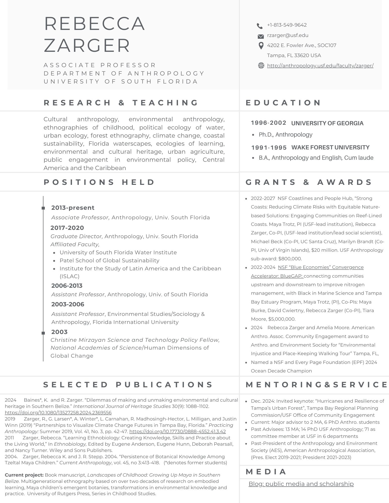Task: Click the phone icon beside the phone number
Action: [260, 25]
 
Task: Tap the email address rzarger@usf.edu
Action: [288, 35]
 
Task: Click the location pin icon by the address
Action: [261, 46]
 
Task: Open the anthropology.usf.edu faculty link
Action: [320, 66]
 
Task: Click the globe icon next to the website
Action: [261, 66]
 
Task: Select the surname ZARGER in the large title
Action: [87, 46]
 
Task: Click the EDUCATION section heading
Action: [283, 103]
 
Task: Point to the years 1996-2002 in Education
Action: [268, 123]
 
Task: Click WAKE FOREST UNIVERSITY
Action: [330, 147]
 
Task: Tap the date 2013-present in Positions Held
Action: [73, 208]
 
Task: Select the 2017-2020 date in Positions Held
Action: [67, 228]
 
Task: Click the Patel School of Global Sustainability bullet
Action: [109, 261]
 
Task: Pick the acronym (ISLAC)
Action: [69, 276]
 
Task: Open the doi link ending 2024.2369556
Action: [58, 413]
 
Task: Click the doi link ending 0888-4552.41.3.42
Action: [177, 432]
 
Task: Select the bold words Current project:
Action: [24, 475]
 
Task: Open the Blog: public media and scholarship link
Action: [301, 484]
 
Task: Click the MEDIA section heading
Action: [266, 472]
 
